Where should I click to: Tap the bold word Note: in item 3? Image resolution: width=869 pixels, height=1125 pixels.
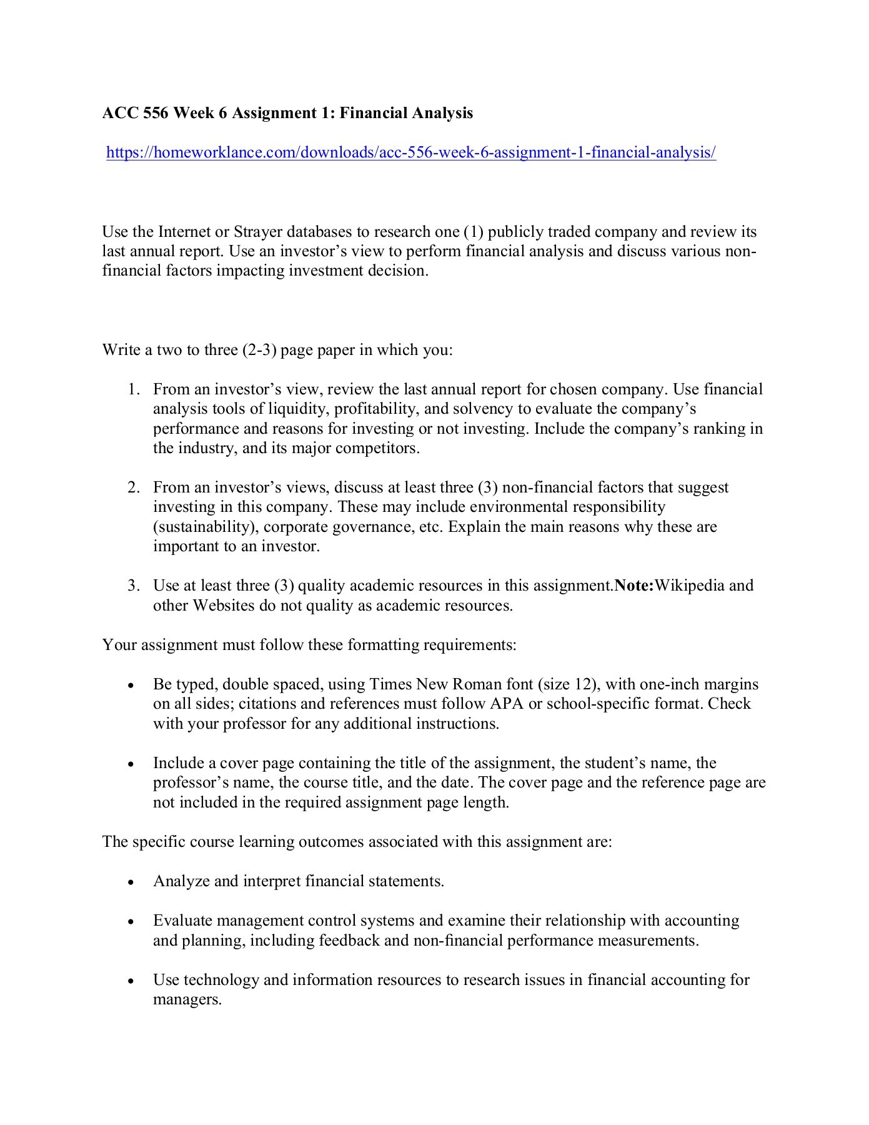click(634, 586)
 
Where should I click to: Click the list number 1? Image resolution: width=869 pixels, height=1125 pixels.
click(132, 389)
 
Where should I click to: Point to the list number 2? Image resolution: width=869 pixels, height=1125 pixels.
click(132, 487)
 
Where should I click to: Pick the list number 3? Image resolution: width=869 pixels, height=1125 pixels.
click(132, 586)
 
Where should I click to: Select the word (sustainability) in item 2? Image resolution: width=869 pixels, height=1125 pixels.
click(206, 527)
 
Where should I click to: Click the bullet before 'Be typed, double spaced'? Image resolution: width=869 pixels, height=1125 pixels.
click(130, 686)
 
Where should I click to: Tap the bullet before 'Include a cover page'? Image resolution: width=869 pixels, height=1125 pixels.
click(130, 764)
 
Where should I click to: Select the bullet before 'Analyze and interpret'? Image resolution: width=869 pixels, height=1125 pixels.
click(130, 882)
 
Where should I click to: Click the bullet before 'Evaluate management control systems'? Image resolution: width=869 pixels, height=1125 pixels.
click(130, 922)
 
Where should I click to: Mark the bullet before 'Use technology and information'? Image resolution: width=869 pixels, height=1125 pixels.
click(130, 981)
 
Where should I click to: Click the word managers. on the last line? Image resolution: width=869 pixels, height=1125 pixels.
click(187, 999)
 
